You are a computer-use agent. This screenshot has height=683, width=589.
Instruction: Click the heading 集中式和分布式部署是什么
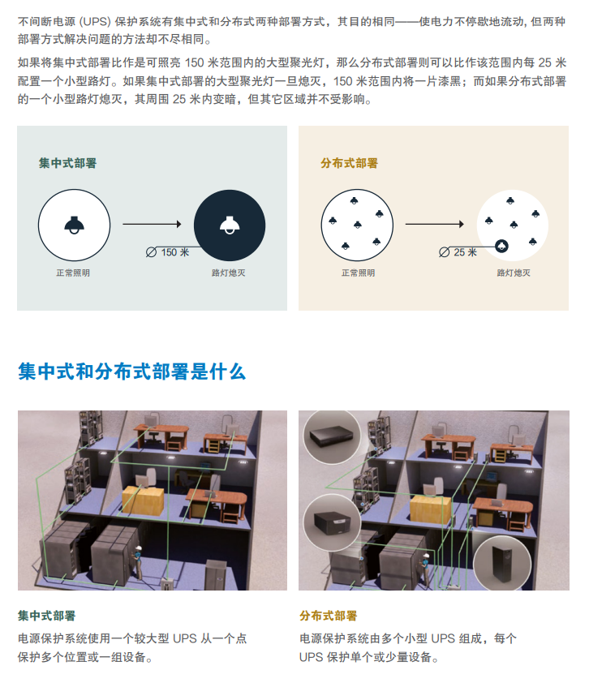(131, 372)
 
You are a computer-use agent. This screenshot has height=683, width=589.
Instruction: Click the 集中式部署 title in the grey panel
(67, 163)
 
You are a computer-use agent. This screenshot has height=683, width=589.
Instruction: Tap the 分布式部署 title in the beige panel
(349, 163)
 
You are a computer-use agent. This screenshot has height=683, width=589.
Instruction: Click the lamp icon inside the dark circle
(230, 225)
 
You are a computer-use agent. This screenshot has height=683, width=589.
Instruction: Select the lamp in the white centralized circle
(74, 225)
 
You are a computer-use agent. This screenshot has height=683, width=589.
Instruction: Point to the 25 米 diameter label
(465, 252)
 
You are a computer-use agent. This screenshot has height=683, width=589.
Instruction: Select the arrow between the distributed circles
(434, 225)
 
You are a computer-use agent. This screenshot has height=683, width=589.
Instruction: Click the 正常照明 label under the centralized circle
(73, 273)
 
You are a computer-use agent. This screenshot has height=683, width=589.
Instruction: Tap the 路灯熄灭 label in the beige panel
(514, 273)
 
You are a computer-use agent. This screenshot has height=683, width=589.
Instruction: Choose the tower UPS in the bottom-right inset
(501, 564)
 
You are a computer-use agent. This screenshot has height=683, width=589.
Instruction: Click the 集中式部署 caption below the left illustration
(47, 616)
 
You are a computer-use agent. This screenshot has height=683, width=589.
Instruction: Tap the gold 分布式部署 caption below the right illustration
(328, 616)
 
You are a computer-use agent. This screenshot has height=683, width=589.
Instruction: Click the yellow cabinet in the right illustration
(426, 506)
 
